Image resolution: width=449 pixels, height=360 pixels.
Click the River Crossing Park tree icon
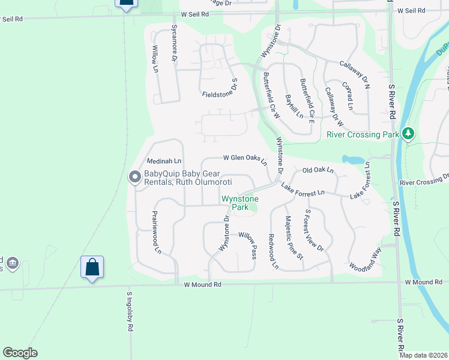coord(408,133)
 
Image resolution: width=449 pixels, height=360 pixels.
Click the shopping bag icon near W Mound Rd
coord(92,266)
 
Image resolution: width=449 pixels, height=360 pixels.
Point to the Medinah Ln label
coord(164,161)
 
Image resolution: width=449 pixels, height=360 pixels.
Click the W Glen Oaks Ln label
coord(245,158)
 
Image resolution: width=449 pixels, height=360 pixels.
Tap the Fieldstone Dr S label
coord(220,91)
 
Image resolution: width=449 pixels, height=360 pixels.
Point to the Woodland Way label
coord(366,259)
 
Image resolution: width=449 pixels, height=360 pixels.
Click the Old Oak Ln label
coord(318,170)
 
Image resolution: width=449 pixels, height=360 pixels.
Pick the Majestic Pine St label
coord(294,238)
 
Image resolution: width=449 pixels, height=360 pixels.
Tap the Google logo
coord(20,352)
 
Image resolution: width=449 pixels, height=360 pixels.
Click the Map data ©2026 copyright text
coord(423,355)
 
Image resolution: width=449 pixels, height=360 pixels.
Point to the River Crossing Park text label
coord(363,135)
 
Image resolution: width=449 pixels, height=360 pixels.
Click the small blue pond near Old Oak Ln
coord(352,160)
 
